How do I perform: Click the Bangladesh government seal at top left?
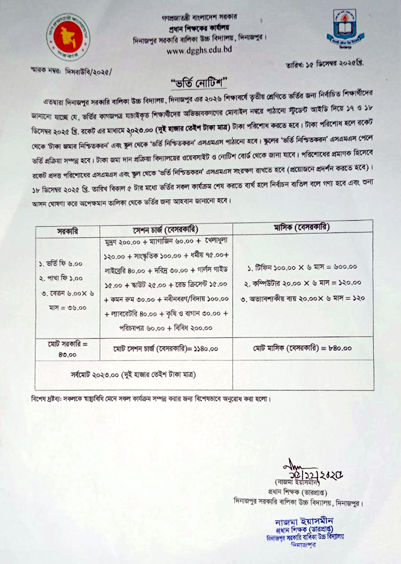coord(69,37)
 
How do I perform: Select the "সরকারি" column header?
coord(67,230)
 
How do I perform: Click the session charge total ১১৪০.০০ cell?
coord(165,349)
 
